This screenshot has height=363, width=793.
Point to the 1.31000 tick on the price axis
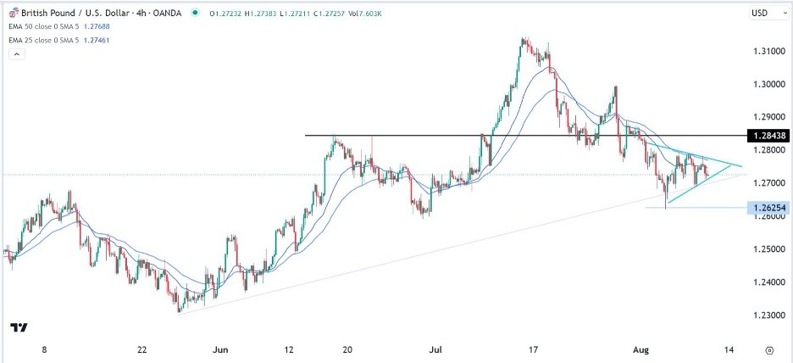[767, 52]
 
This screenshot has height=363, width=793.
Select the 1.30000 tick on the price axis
[767, 85]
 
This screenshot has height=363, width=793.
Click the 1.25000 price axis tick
[767, 249]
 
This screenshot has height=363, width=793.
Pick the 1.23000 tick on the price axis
[767, 316]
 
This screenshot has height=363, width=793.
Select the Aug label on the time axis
[646, 349]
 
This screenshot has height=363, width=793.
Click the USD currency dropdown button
[765, 13]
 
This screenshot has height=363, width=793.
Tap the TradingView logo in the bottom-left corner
[19, 327]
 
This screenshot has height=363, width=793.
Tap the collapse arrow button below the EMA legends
[16, 54]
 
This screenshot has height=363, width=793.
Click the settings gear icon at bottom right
[768, 349]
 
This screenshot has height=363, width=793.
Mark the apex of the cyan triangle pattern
[742, 165]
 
